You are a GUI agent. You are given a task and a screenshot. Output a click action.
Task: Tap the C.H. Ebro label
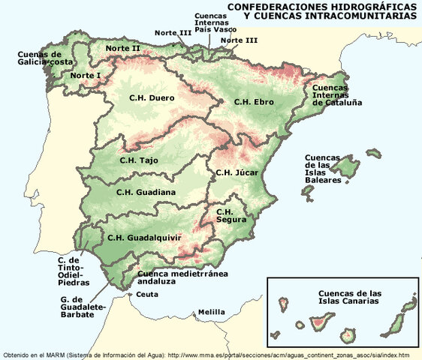click(253, 101)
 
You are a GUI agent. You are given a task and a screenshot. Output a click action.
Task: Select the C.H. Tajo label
click(140, 159)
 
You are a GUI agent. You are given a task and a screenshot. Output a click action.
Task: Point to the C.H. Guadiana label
click(146, 192)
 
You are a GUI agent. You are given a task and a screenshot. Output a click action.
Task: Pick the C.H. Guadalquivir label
click(144, 238)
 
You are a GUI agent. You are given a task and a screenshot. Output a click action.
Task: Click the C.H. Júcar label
click(237, 172)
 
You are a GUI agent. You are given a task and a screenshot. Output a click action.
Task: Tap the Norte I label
click(85, 76)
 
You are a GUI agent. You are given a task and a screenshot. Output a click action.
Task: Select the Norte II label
click(123, 48)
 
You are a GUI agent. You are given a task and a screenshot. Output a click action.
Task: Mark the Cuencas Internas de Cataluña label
click(337, 94)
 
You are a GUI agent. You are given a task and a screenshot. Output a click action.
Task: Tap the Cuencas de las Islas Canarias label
click(350, 297)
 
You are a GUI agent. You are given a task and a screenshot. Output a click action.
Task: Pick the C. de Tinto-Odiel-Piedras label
click(74, 271)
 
